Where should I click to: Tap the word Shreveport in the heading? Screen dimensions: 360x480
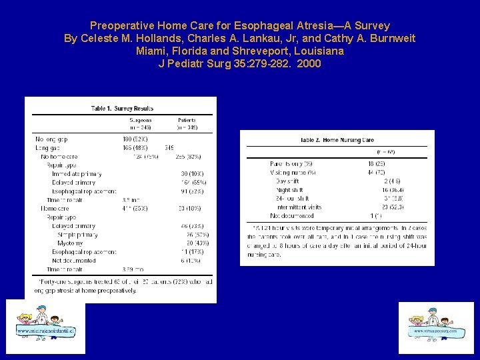[268, 51]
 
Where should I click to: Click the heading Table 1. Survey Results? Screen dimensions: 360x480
[122, 108]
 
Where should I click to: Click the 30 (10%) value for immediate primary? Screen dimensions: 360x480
[192, 173]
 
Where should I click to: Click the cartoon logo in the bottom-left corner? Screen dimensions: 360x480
[45, 327]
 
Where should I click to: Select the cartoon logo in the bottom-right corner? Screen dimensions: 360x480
[435, 327]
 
